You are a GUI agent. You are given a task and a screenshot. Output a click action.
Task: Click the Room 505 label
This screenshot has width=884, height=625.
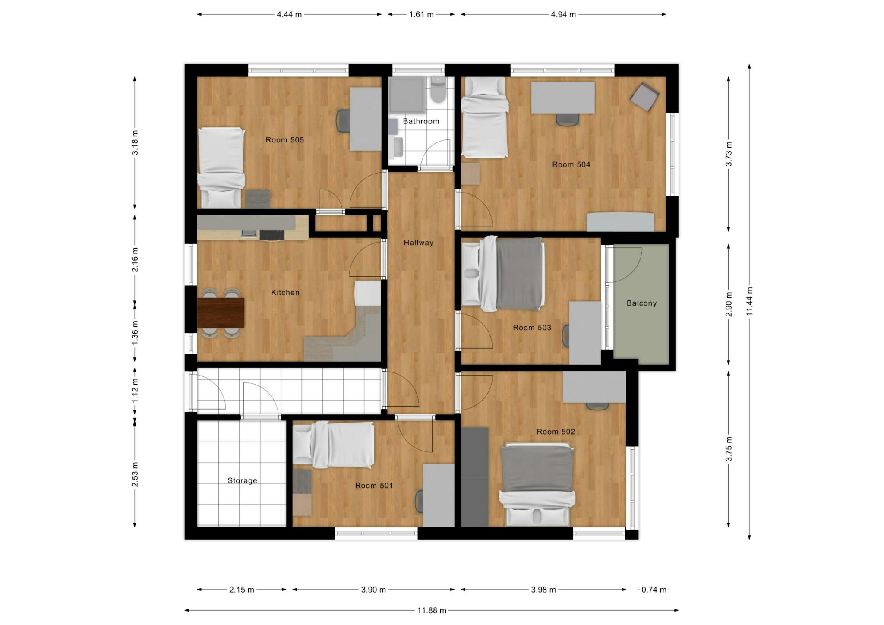pyautogui.click(x=284, y=140)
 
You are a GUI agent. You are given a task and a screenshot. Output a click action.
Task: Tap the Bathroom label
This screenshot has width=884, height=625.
pyautogui.click(x=421, y=121)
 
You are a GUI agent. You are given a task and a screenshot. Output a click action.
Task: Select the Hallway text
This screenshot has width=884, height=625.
pyautogui.click(x=418, y=243)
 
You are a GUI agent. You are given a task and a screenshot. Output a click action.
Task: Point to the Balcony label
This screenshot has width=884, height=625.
pyautogui.click(x=641, y=303)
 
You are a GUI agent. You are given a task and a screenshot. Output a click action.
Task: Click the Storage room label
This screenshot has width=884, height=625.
pyautogui.click(x=242, y=480)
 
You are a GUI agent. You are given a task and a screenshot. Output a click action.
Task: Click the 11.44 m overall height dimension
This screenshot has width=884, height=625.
pyautogui.click(x=749, y=301)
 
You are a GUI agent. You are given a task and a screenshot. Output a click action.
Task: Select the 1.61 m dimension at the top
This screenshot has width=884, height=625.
pyautogui.click(x=421, y=14)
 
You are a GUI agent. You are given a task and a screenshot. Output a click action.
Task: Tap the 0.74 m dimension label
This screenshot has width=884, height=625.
pyautogui.click(x=654, y=590)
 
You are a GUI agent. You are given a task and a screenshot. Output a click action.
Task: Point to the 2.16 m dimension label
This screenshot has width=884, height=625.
pyautogui.click(x=135, y=260)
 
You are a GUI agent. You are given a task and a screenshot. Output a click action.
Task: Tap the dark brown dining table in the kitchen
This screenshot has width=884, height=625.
pyautogui.click(x=221, y=313)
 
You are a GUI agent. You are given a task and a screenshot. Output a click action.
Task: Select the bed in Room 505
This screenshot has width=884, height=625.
pyautogui.click(x=221, y=167)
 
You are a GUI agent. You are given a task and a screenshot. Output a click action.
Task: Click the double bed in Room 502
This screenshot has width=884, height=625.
pyautogui.click(x=537, y=484)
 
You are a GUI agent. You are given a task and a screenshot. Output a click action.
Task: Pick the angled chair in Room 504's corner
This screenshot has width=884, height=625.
pyautogui.click(x=644, y=97)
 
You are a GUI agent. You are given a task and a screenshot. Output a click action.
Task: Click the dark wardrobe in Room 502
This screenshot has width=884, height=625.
pyautogui.click(x=474, y=477)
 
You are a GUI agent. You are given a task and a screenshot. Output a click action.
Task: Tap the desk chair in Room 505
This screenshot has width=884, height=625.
pyautogui.click(x=343, y=121)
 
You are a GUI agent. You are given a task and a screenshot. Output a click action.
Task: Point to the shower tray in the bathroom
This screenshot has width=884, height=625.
pyautogui.click(x=407, y=95)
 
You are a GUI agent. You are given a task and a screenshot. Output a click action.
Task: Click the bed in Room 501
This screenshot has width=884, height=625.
pyautogui.click(x=333, y=445)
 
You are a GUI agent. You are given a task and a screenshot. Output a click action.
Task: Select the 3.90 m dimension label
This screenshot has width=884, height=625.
pyautogui.click(x=373, y=590)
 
